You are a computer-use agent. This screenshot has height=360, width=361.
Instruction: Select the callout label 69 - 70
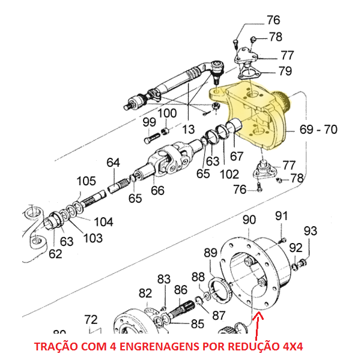[x=318, y=128]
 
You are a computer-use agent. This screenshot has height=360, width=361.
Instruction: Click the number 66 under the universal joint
[x=157, y=191]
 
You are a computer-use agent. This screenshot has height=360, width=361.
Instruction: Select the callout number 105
[x=86, y=181]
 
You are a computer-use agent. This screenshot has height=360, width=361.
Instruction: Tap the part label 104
[x=103, y=221]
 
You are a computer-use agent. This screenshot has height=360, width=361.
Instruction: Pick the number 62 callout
[x=55, y=254]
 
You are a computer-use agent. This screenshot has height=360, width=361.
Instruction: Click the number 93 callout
[x=310, y=231]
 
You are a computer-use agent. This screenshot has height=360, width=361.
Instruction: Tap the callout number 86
[x=181, y=289]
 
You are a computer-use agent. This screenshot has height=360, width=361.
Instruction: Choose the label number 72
[x=90, y=319]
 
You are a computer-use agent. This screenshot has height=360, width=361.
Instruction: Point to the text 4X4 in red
[x=291, y=347]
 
